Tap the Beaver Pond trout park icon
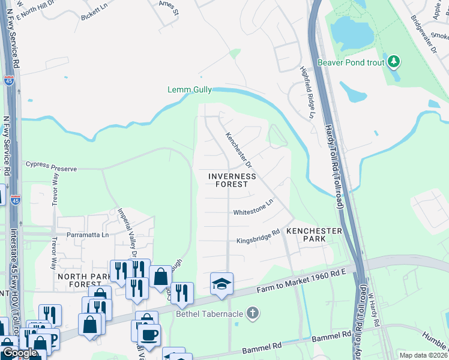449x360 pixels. coord(394,61)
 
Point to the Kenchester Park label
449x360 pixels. coord(314,235)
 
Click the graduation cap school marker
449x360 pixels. coord(221,283)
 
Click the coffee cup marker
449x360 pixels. coord(149,334)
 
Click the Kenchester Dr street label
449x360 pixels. coord(238,149)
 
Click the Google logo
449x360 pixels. coord(19,353)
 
